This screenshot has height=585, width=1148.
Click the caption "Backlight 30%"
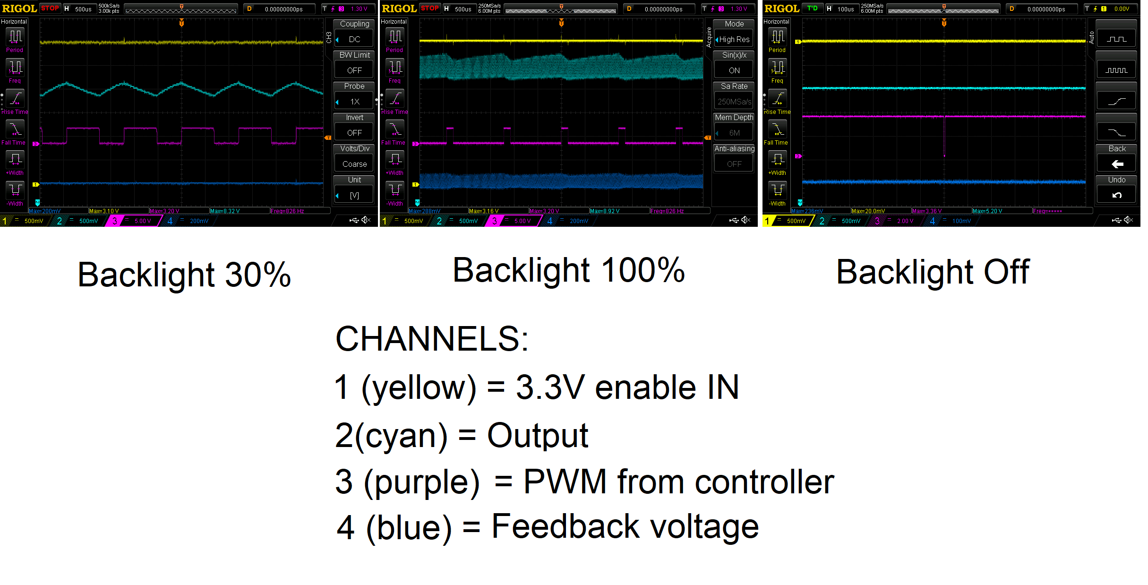[x=184, y=275]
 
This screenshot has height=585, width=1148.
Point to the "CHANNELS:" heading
[x=432, y=339]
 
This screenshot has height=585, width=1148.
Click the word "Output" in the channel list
[x=538, y=435]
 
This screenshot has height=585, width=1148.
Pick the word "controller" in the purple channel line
[x=764, y=482]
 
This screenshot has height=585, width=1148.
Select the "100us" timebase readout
[x=846, y=9]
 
